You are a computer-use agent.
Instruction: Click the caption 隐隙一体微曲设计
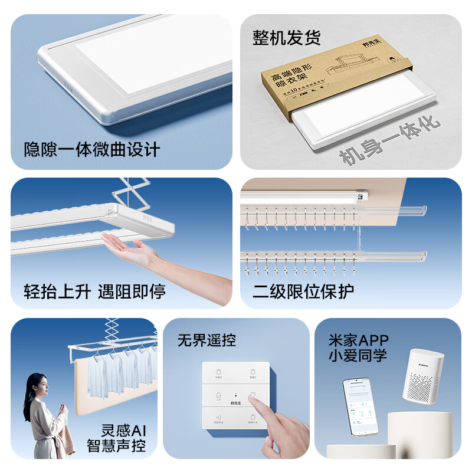point(91,149)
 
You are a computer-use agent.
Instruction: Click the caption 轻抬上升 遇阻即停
point(94,291)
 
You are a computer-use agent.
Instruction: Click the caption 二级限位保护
point(303,291)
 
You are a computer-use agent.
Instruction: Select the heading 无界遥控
point(206,340)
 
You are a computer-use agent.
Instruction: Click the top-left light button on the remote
point(218,374)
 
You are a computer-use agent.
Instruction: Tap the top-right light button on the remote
point(252,374)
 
